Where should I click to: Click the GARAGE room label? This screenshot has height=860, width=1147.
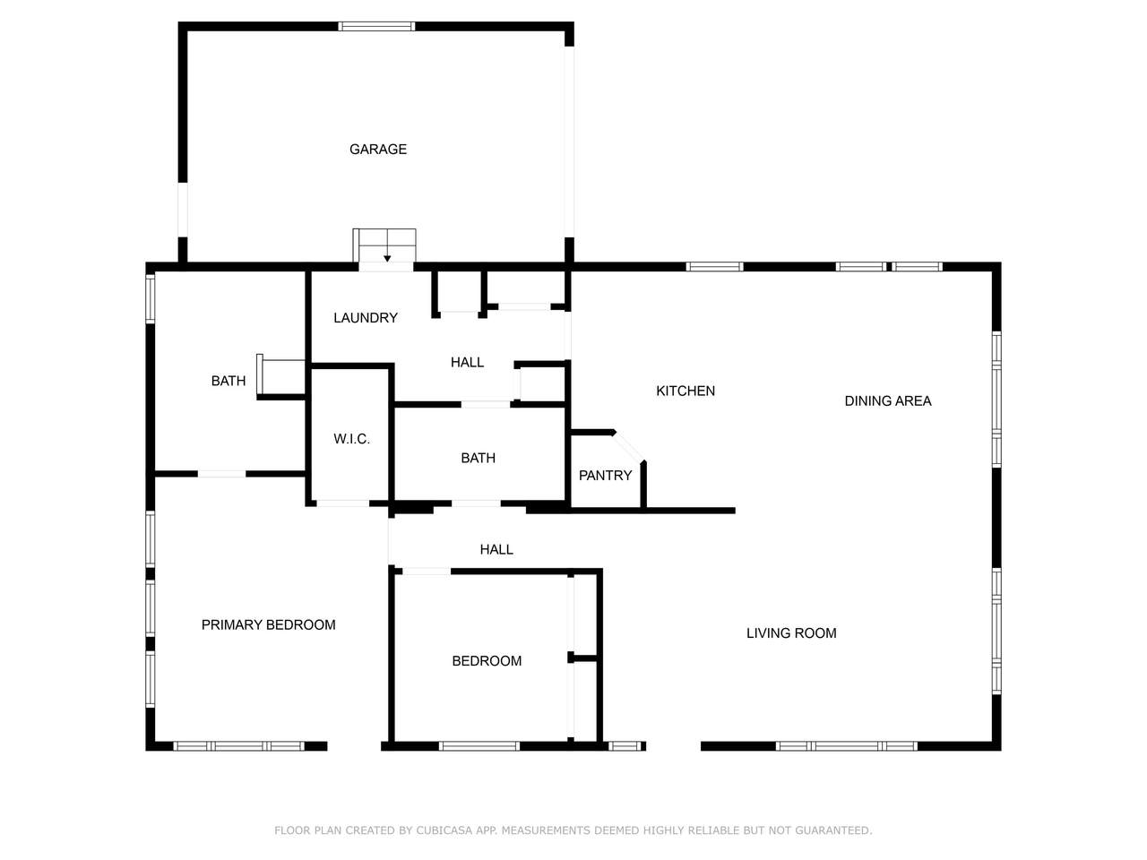click(378, 150)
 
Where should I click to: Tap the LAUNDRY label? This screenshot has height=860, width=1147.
click(366, 317)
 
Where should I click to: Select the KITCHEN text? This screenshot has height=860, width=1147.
click(686, 391)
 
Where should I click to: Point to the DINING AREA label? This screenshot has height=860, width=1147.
click(887, 400)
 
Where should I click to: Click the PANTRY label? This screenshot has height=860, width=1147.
click(605, 475)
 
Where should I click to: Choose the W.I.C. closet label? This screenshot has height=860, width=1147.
click(351, 439)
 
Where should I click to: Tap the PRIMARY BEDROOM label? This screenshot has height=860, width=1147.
click(268, 624)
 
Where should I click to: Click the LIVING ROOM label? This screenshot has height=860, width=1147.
click(791, 632)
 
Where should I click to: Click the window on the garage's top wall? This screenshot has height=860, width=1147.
click(376, 26)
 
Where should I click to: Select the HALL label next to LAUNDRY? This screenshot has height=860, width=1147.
click(467, 362)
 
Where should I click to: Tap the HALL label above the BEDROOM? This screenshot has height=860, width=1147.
click(496, 549)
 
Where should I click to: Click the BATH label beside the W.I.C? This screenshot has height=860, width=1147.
click(478, 458)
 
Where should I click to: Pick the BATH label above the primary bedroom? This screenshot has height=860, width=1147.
click(228, 381)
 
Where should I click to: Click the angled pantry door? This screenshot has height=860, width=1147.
click(629, 447)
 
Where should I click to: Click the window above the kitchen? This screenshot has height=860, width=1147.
click(714, 267)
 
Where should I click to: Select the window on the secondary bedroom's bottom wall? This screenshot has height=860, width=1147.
click(479, 746)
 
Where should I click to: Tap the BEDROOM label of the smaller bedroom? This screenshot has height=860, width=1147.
click(487, 660)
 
